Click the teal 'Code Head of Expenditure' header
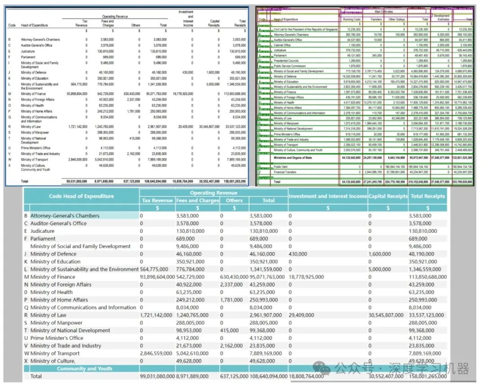tap(81, 196)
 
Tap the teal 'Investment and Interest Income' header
tap(328, 196)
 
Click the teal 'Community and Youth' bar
tap(84, 369)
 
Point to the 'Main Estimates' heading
tap(384, 12)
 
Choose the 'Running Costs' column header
tap(351, 20)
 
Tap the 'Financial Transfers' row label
tap(285, 172)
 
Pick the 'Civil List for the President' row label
tap(305, 29)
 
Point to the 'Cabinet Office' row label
tap(282, 45)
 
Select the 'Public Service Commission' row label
tap(290, 66)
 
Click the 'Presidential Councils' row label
tap(286, 61)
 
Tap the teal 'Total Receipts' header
tap(428, 196)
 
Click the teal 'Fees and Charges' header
tap(197, 201)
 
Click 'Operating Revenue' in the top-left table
tap(115, 17)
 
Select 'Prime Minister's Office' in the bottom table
tap(57, 338)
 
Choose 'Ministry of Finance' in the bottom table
tap(53, 277)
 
